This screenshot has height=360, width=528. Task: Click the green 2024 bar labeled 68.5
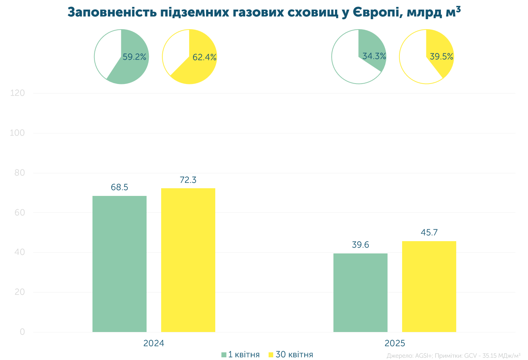click(119, 264)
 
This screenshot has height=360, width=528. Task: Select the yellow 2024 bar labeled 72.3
click(188, 260)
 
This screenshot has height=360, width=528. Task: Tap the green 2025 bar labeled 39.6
click(360, 293)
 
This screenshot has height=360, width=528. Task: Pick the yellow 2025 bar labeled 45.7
click(429, 286)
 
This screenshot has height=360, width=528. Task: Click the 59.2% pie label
click(134, 57)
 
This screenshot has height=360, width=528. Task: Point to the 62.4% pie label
click(205, 57)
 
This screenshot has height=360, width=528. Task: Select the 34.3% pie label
click(374, 56)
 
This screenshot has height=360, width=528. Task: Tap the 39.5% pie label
click(442, 56)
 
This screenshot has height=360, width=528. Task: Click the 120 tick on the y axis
click(17, 93)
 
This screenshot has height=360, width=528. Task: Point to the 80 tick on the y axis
click(20, 173)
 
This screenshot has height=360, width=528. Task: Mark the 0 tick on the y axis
click(22, 332)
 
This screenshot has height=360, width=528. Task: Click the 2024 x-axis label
click(154, 343)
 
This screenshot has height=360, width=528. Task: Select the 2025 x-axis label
click(395, 343)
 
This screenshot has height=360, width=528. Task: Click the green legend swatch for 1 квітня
click(224, 355)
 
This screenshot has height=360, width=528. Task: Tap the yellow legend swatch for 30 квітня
click(271, 355)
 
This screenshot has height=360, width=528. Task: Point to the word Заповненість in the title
click(112, 12)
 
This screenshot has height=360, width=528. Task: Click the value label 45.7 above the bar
click(429, 232)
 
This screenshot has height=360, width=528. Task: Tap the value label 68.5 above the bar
click(119, 187)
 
